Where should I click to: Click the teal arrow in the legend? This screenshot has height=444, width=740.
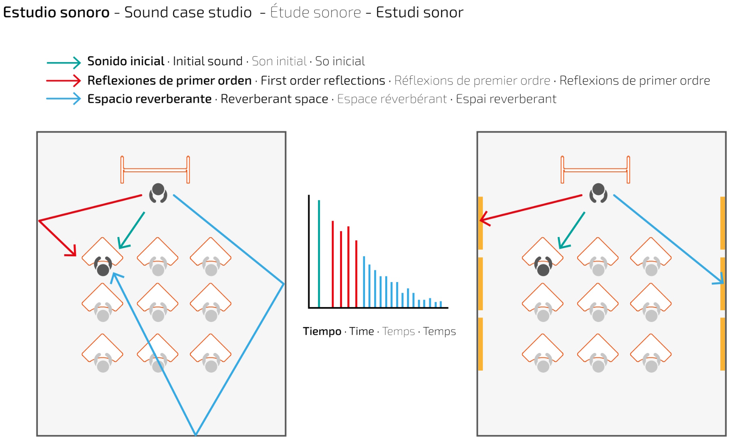click(x=64, y=62)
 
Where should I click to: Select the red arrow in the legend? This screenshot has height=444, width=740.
click(x=64, y=81)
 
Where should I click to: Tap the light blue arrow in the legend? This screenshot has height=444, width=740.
click(x=64, y=99)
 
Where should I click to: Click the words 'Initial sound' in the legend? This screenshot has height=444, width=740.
click(x=207, y=61)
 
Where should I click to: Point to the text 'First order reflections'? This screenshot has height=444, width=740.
click(x=323, y=81)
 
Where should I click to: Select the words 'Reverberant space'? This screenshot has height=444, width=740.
click(x=274, y=99)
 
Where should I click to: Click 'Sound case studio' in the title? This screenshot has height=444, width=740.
click(x=188, y=12)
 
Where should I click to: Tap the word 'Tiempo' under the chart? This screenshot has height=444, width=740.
click(x=322, y=331)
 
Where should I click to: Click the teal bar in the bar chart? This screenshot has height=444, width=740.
click(x=319, y=254)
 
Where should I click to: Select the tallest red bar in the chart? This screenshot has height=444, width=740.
click(x=333, y=264)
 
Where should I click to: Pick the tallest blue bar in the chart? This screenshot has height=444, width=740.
click(x=364, y=282)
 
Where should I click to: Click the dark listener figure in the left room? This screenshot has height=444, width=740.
click(x=103, y=266)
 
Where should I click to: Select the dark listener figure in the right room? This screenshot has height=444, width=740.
click(x=543, y=266)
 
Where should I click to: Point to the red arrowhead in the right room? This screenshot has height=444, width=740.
click(x=484, y=219)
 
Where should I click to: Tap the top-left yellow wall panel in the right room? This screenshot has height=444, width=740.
click(x=480, y=223)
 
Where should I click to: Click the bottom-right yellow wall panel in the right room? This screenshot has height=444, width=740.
click(x=722, y=344)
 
